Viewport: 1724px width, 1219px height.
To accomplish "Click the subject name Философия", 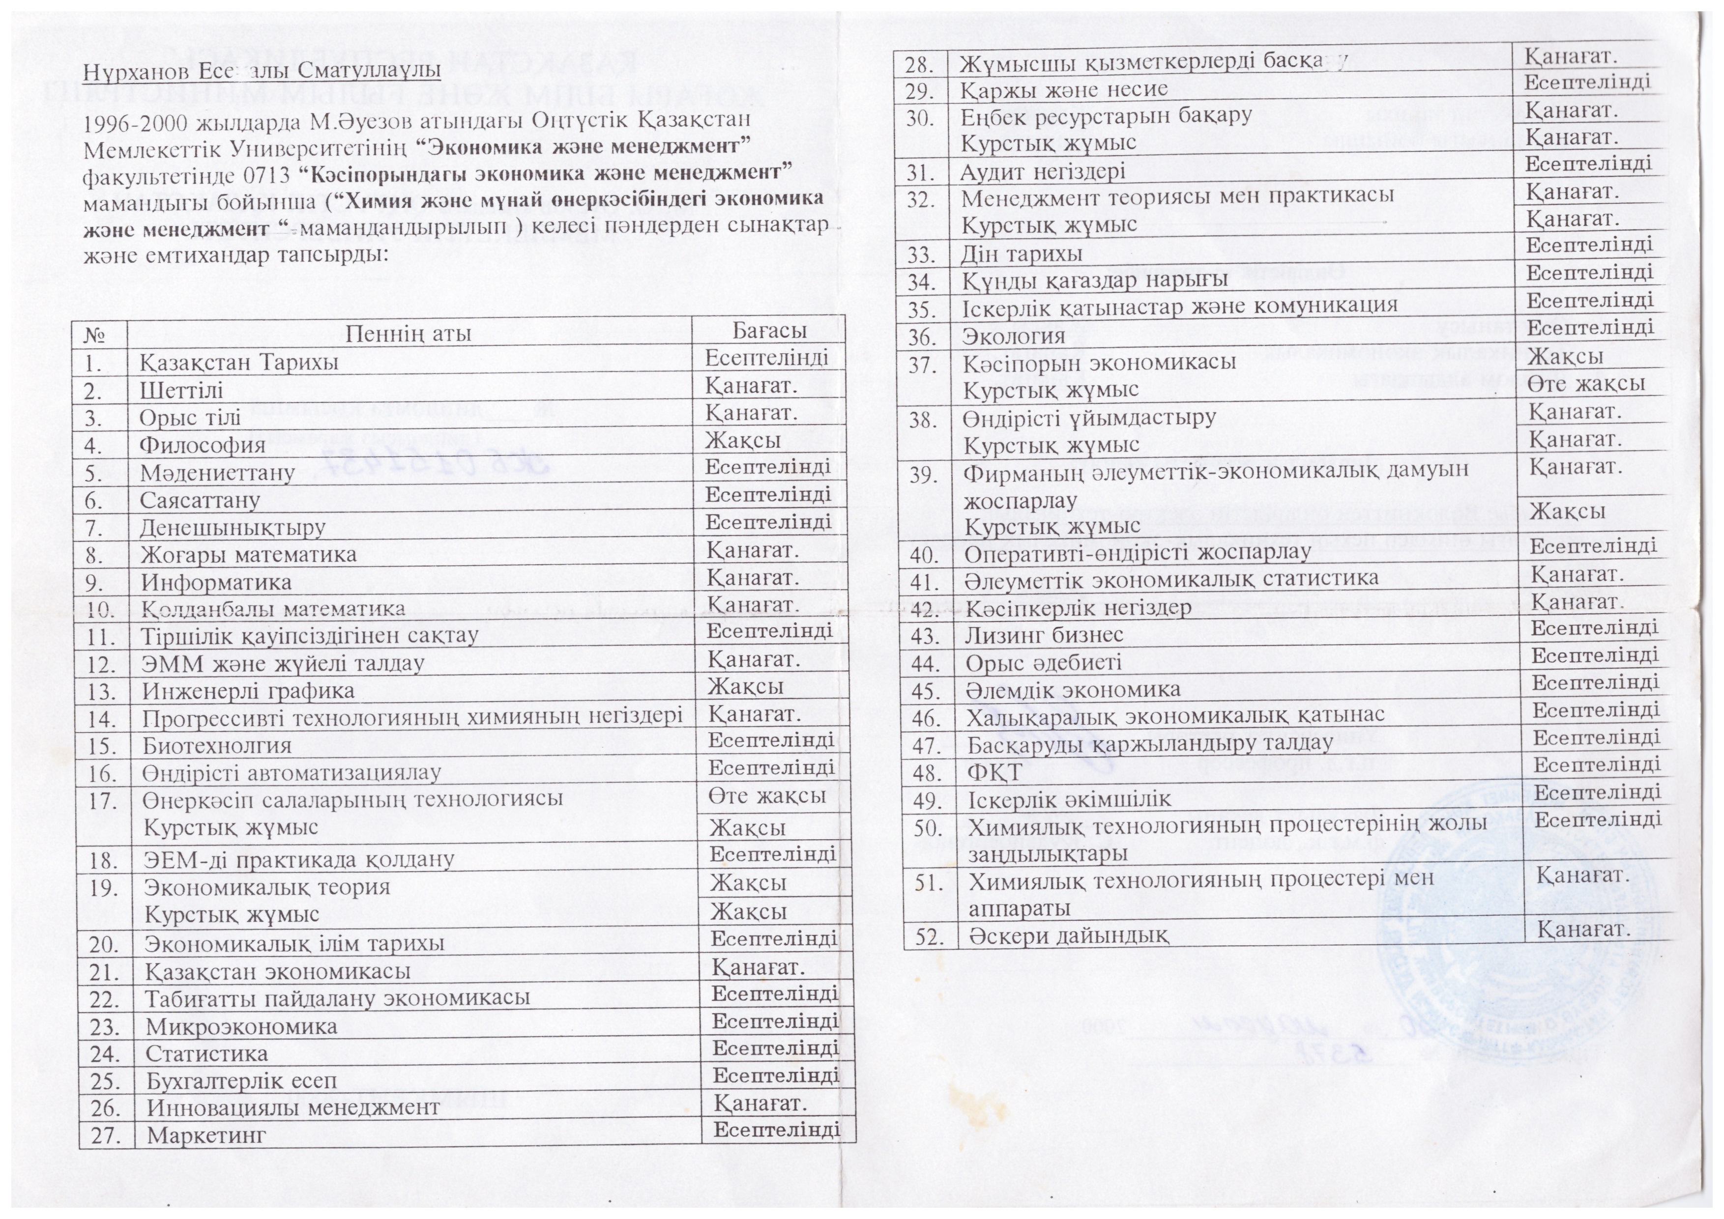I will tap(202, 444).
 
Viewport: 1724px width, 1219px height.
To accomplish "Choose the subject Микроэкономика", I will tap(241, 1026).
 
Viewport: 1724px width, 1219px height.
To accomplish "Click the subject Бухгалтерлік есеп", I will tap(241, 1081).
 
